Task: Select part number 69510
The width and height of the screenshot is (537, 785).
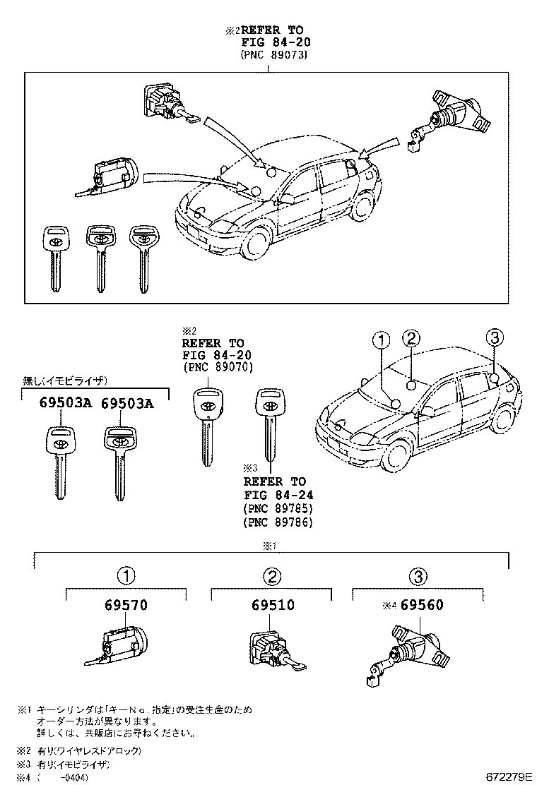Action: click(x=272, y=605)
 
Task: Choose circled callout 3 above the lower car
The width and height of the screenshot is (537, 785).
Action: click(x=495, y=337)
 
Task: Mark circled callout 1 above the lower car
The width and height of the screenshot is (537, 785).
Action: click(x=381, y=340)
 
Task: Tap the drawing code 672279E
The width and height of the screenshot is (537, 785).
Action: click(x=507, y=777)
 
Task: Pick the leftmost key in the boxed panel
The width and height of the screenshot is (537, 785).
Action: click(x=55, y=258)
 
